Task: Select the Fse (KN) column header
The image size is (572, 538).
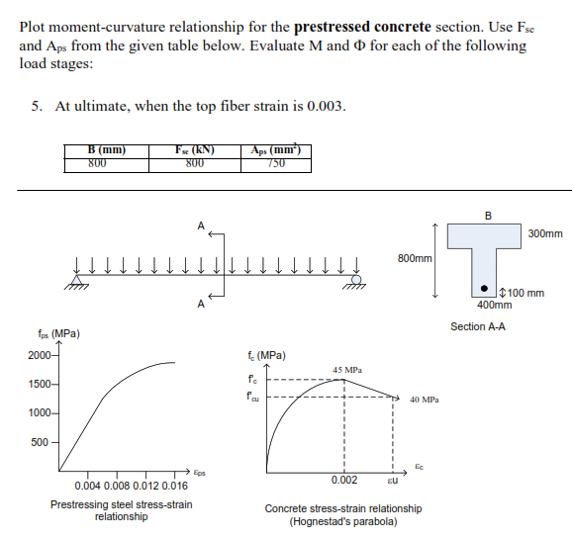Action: point(194,149)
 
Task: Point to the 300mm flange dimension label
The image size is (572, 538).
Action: point(545,234)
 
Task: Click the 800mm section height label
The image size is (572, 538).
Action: point(415,257)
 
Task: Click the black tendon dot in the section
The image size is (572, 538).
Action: point(483,291)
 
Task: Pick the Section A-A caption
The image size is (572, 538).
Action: point(478,326)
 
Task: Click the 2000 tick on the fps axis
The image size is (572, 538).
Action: point(43,356)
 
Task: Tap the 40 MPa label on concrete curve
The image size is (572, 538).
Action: point(423,400)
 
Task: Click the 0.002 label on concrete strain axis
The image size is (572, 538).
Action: point(344,480)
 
